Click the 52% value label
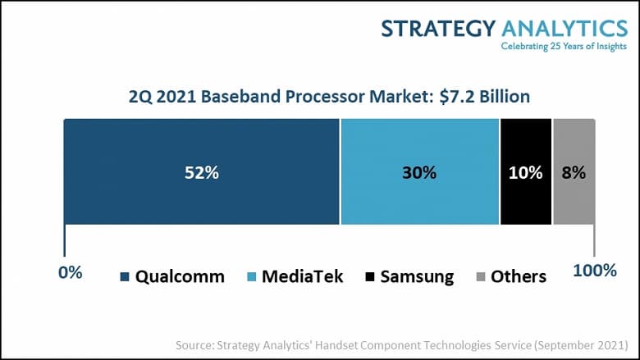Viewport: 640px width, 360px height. click(201, 173)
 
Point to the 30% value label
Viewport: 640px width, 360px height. click(418, 173)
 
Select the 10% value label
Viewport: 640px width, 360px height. click(525, 173)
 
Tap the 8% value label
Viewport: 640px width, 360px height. click(574, 173)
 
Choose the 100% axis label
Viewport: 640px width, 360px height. click(593, 271)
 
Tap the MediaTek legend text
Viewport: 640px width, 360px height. click(302, 276)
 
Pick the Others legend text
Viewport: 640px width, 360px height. click(518, 276)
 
